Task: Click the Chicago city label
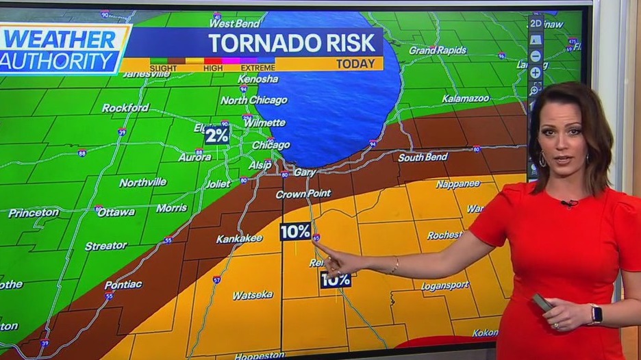click(x=271, y=145)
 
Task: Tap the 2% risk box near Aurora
click(x=217, y=135)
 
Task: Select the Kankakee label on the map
click(x=239, y=239)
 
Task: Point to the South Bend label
click(x=423, y=157)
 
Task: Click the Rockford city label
click(x=125, y=107)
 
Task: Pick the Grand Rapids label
click(x=438, y=50)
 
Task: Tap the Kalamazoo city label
click(x=466, y=99)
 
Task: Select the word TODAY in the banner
click(x=355, y=64)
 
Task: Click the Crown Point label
click(x=303, y=194)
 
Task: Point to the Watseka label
click(x=252, y=296)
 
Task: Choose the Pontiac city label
click(x=123, y=285)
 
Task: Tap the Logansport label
click(x=444, y=286)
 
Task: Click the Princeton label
click(x=34, y=213)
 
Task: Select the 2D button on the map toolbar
click(x=536, y=23)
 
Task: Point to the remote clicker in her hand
click(x=542, y=302)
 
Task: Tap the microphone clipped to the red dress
click(x=568, y=203)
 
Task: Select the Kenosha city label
click(x=258, y=79)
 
